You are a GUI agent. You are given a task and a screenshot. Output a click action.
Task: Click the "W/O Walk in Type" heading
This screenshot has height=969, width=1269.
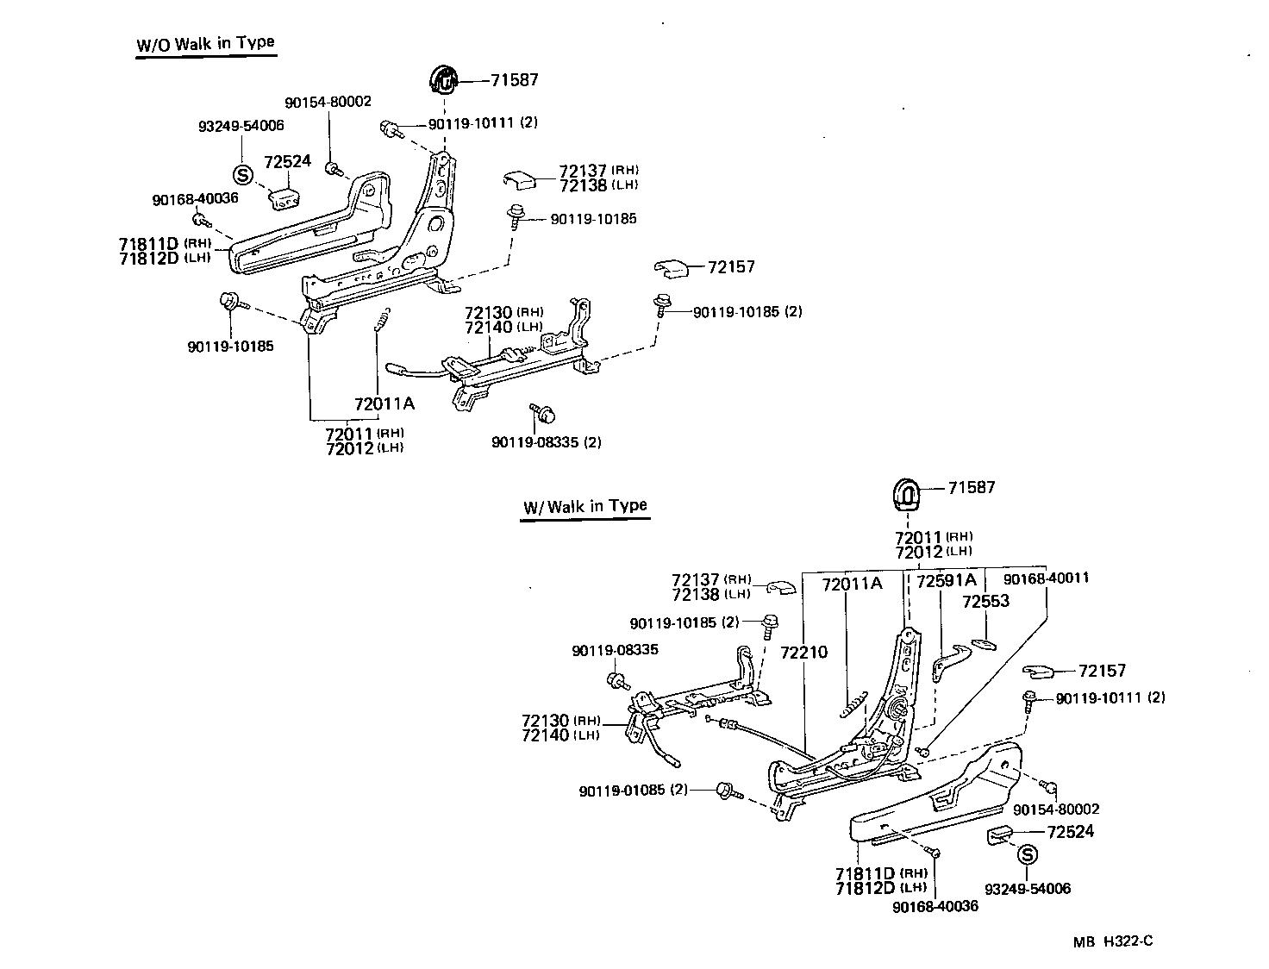pos(205,44)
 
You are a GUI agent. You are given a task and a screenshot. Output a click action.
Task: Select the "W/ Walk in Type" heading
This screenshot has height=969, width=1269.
pos(584,506)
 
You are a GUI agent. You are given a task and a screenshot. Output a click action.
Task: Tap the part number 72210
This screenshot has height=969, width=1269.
pos(803,652)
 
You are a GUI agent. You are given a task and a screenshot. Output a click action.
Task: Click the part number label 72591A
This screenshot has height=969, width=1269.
pos(946,581)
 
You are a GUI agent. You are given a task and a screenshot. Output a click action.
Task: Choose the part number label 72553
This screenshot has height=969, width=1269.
pos(985,601)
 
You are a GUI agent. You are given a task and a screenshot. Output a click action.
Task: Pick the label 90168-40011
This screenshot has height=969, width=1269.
pos(1047,578)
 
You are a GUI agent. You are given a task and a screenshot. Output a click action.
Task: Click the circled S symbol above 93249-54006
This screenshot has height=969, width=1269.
pos(243,174)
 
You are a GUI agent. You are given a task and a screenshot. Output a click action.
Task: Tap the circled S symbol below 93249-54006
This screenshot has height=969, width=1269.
pos(1026,855)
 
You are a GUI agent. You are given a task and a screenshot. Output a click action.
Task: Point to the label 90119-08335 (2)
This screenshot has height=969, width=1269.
pos(547,442)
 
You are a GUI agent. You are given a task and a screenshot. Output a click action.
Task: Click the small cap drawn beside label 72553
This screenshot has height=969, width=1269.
pos(983,643)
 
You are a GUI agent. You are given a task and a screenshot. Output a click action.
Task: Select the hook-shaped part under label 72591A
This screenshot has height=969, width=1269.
pos(948,663)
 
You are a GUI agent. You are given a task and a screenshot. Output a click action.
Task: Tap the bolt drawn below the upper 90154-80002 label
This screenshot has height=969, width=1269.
pos(332,167)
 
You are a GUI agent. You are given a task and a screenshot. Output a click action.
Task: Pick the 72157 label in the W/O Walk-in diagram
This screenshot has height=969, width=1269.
pos(731,267)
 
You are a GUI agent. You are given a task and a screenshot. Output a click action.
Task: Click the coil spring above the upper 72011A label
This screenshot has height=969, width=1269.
pos(384,320)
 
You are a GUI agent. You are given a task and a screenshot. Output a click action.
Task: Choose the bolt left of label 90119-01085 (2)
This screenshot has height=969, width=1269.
pos(724,791)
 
